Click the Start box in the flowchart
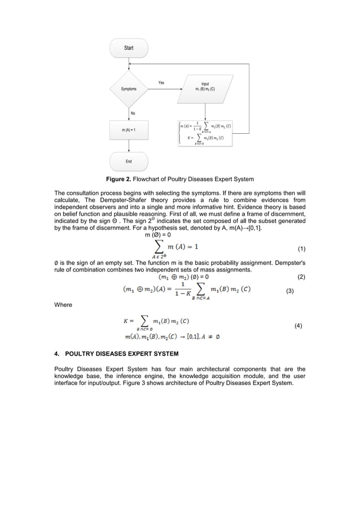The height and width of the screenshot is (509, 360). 129,49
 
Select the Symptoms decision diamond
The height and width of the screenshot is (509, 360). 129,89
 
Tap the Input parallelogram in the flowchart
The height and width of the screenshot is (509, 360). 205,89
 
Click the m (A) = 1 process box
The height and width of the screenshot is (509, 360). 129,130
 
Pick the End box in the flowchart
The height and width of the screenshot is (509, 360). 129,161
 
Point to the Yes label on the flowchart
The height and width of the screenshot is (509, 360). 161,83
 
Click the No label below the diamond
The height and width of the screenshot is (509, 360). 133,113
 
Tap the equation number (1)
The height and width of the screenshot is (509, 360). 301,248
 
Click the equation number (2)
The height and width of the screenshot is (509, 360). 301,277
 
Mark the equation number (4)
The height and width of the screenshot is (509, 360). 298,326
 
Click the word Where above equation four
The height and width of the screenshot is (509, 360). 63,305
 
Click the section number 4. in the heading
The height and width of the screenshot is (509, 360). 56,354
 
